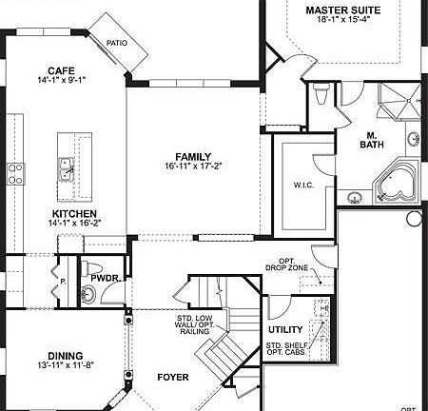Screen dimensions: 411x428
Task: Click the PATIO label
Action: tap(117, 43)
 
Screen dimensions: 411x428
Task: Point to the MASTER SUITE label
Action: tap(343, 10)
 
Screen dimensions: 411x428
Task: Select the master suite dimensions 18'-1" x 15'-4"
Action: tap(343, 21)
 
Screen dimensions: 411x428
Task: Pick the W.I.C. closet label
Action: tap(304, 185)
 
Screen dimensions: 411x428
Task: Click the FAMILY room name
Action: tap(193, 156)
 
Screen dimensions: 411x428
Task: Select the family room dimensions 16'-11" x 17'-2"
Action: tap(193, 166)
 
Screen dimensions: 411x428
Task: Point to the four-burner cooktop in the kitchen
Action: tap(16, 172)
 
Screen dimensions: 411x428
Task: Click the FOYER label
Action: tap(173, 378)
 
